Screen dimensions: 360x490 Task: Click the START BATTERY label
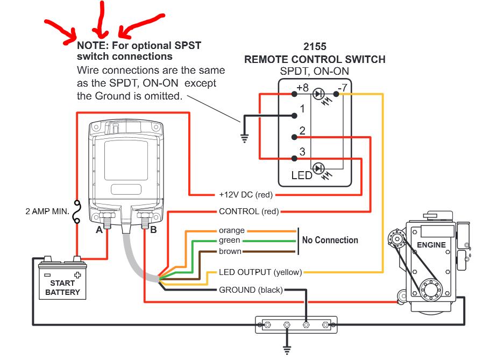tap(62, 287)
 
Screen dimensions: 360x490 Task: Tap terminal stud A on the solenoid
tap(107, 218)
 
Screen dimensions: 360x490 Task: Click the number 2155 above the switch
tap(315, 47)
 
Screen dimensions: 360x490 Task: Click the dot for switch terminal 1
tap(294, 116)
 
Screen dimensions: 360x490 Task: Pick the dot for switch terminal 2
tap(294, 137)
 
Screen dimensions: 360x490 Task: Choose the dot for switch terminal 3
tap(294, 159)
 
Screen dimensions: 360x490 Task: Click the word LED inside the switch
tap(302, 175)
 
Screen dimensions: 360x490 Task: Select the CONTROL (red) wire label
tap(248, 211)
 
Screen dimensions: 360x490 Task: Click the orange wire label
tap(232, 230)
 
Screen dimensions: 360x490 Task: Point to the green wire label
tap(230, 241)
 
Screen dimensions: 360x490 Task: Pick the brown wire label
tap(230, 251)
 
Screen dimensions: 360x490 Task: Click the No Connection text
tap(330, 240)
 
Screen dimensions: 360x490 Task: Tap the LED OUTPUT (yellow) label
tap(260, 272)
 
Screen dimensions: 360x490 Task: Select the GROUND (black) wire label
tap(250, 290)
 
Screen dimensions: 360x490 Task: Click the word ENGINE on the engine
tap(431, 245)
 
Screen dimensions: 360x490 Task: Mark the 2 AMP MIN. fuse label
tap(46, 211)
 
